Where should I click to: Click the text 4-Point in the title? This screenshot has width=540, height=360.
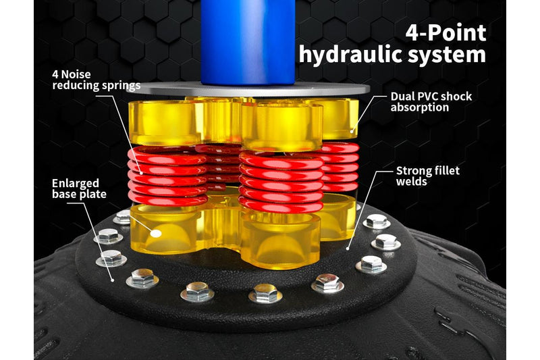click(x=446, y=33)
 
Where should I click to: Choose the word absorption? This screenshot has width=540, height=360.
click(x=420, y=107)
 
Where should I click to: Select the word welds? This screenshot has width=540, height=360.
click(x=411, y=181)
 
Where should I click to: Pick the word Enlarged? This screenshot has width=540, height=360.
click(x=76, y=183)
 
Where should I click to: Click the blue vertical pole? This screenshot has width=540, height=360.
click(x=248, y=41)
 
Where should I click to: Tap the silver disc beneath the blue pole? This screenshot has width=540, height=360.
click(x=248, y=89)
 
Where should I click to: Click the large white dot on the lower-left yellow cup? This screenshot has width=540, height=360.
click(x=156, y=234)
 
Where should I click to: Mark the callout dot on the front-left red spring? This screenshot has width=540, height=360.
click(x=141, y=172)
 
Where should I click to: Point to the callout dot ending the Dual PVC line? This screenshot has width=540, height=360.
click(x=352, y=131)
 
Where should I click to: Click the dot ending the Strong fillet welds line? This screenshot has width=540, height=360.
click(x=348, y=249)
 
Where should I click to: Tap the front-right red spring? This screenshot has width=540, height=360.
click(x=281, y=182)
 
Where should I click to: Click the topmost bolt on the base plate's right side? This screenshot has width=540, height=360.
click(x=377, y=222)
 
